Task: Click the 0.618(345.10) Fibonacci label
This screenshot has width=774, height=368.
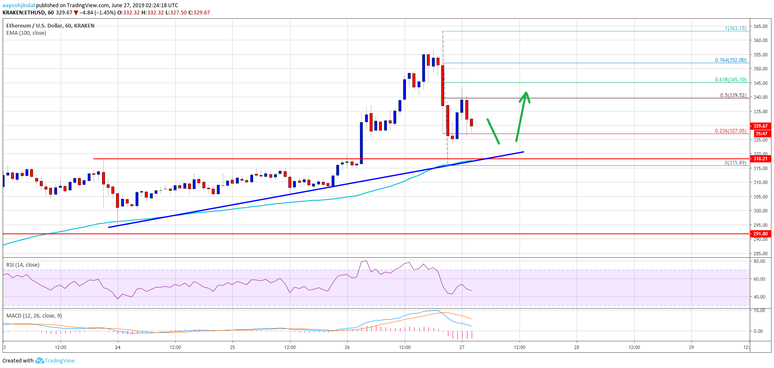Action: coord(730,80)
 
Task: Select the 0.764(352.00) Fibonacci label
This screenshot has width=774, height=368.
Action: coord(730,60)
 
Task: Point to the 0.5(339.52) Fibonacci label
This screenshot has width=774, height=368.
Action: coord(733,95)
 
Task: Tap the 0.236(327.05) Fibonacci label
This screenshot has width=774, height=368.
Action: coord(730,131)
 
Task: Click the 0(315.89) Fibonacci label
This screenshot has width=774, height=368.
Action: coord(735,163)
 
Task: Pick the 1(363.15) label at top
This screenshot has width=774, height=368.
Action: coord(735,28)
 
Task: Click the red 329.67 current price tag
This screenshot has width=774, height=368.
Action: coord(760,126)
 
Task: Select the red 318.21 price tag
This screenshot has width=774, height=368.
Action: coord(760,159)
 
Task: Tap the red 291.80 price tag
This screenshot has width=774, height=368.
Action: coord(760,234)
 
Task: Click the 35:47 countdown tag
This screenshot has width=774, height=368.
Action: coord(761,134)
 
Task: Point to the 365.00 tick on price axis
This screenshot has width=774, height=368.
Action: coord(760,26)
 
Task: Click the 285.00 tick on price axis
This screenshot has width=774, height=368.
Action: coord(760,254)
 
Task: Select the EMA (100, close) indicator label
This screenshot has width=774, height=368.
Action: coord(26,33)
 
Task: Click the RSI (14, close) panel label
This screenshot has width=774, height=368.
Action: coord(23,265)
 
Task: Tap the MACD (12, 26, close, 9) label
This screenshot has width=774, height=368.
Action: coord(34,316)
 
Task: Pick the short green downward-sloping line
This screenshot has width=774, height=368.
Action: coord(493,131)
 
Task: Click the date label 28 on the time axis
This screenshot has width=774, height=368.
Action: coord(577,347)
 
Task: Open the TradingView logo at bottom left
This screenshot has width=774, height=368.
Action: coord(55,361)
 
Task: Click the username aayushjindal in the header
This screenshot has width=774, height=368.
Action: coord(19,6)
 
